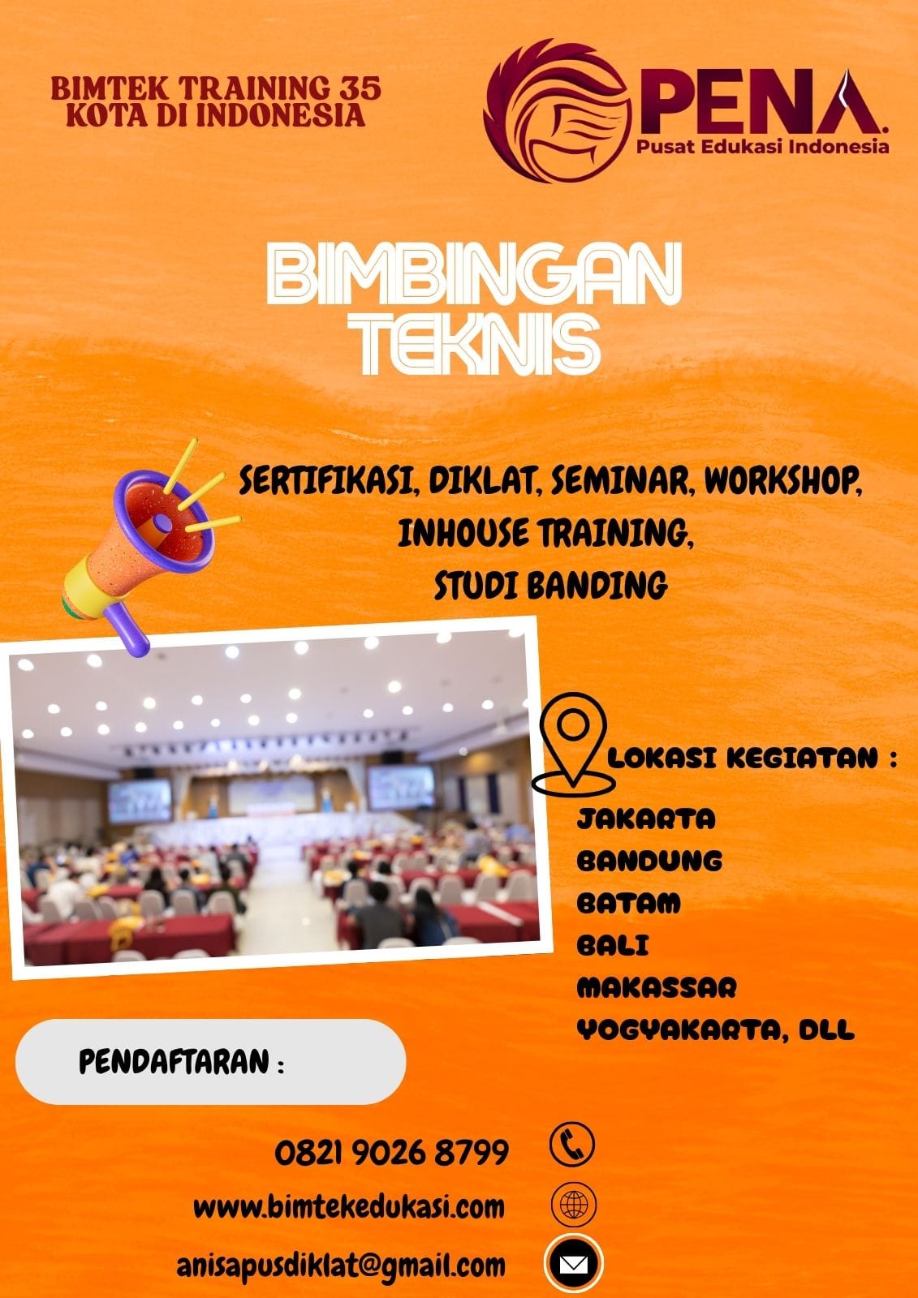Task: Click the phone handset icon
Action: coord(572,1145)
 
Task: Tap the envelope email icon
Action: coord(573,1264)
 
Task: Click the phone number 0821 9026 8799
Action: coord(391,1152)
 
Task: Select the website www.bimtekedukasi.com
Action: coord(349,1206)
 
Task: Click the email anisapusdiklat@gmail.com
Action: coord(341,1265)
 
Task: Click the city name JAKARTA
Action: coord(646,819)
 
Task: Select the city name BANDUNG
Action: coord(649,861)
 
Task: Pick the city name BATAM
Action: coord(628,903)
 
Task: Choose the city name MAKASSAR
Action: coord(657,987)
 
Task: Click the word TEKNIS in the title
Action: coord(480,346)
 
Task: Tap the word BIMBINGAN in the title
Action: coord(473,276)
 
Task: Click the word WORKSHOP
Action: coord(782,481)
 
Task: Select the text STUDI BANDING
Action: coord(550,585)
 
